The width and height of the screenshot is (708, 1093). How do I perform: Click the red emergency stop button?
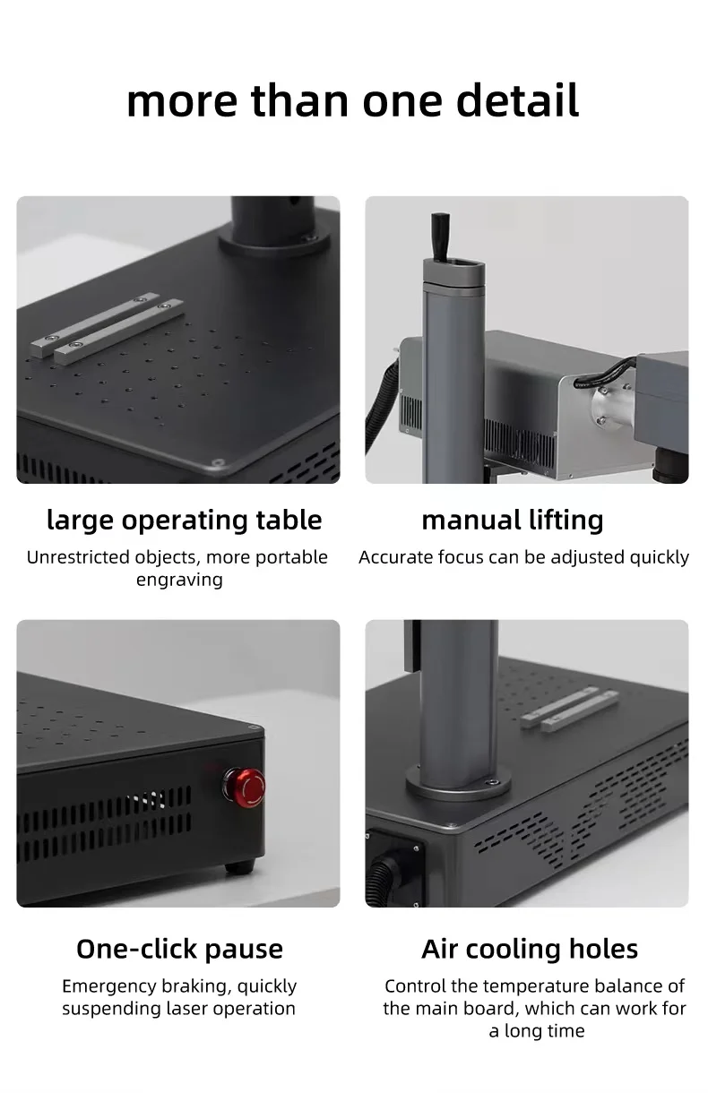244,785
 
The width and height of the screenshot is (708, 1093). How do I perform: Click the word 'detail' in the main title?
517,100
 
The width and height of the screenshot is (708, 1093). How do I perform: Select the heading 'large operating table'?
184,520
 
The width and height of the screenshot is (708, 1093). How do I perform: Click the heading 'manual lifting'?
513,520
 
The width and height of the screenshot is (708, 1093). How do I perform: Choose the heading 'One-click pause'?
179,949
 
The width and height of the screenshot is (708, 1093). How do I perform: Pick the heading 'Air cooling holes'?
530,949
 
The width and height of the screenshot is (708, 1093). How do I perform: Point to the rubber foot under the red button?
238,866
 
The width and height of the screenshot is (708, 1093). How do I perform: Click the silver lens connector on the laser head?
607,404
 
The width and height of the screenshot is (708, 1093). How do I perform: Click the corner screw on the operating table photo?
217,462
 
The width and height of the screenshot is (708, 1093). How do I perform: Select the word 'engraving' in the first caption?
179,580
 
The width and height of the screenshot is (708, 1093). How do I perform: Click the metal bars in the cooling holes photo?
570,707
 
